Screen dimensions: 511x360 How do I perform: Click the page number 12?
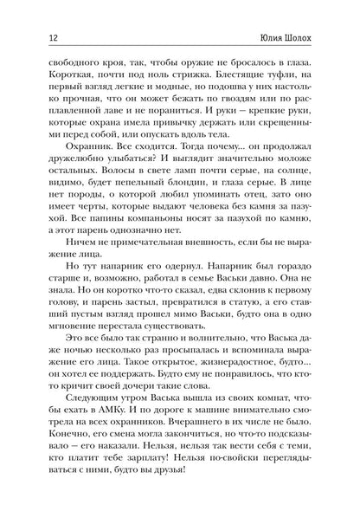[x=32, y=38]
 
